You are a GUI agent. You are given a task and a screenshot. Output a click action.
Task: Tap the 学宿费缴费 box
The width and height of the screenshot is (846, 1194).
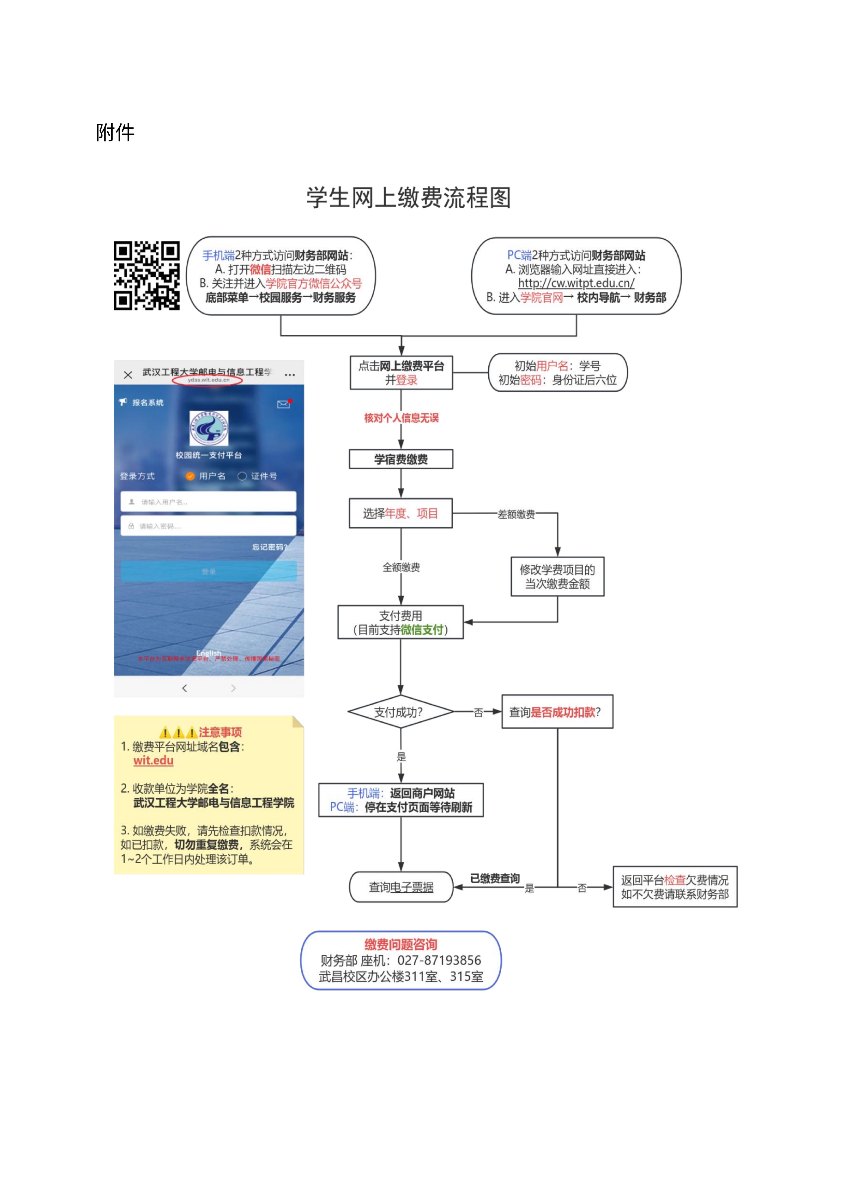pyautogui.click(x=401, y=459)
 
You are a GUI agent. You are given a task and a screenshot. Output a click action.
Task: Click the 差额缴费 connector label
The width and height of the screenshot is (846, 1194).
pyautogui.click(x=516, y=514)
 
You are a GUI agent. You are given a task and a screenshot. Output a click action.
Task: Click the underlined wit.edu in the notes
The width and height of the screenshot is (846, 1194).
pyautogui.click(x=153, y=760)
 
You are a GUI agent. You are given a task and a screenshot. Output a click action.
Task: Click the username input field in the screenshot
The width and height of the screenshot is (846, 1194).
pyautogui.click(x=208, y=502)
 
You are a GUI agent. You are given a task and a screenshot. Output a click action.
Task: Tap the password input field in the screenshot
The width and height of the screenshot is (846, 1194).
pyautogui.click(x=208, y=526)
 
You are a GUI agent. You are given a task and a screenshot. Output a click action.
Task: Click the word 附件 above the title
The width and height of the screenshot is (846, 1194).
pyautogui.click(x=115, y=132)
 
